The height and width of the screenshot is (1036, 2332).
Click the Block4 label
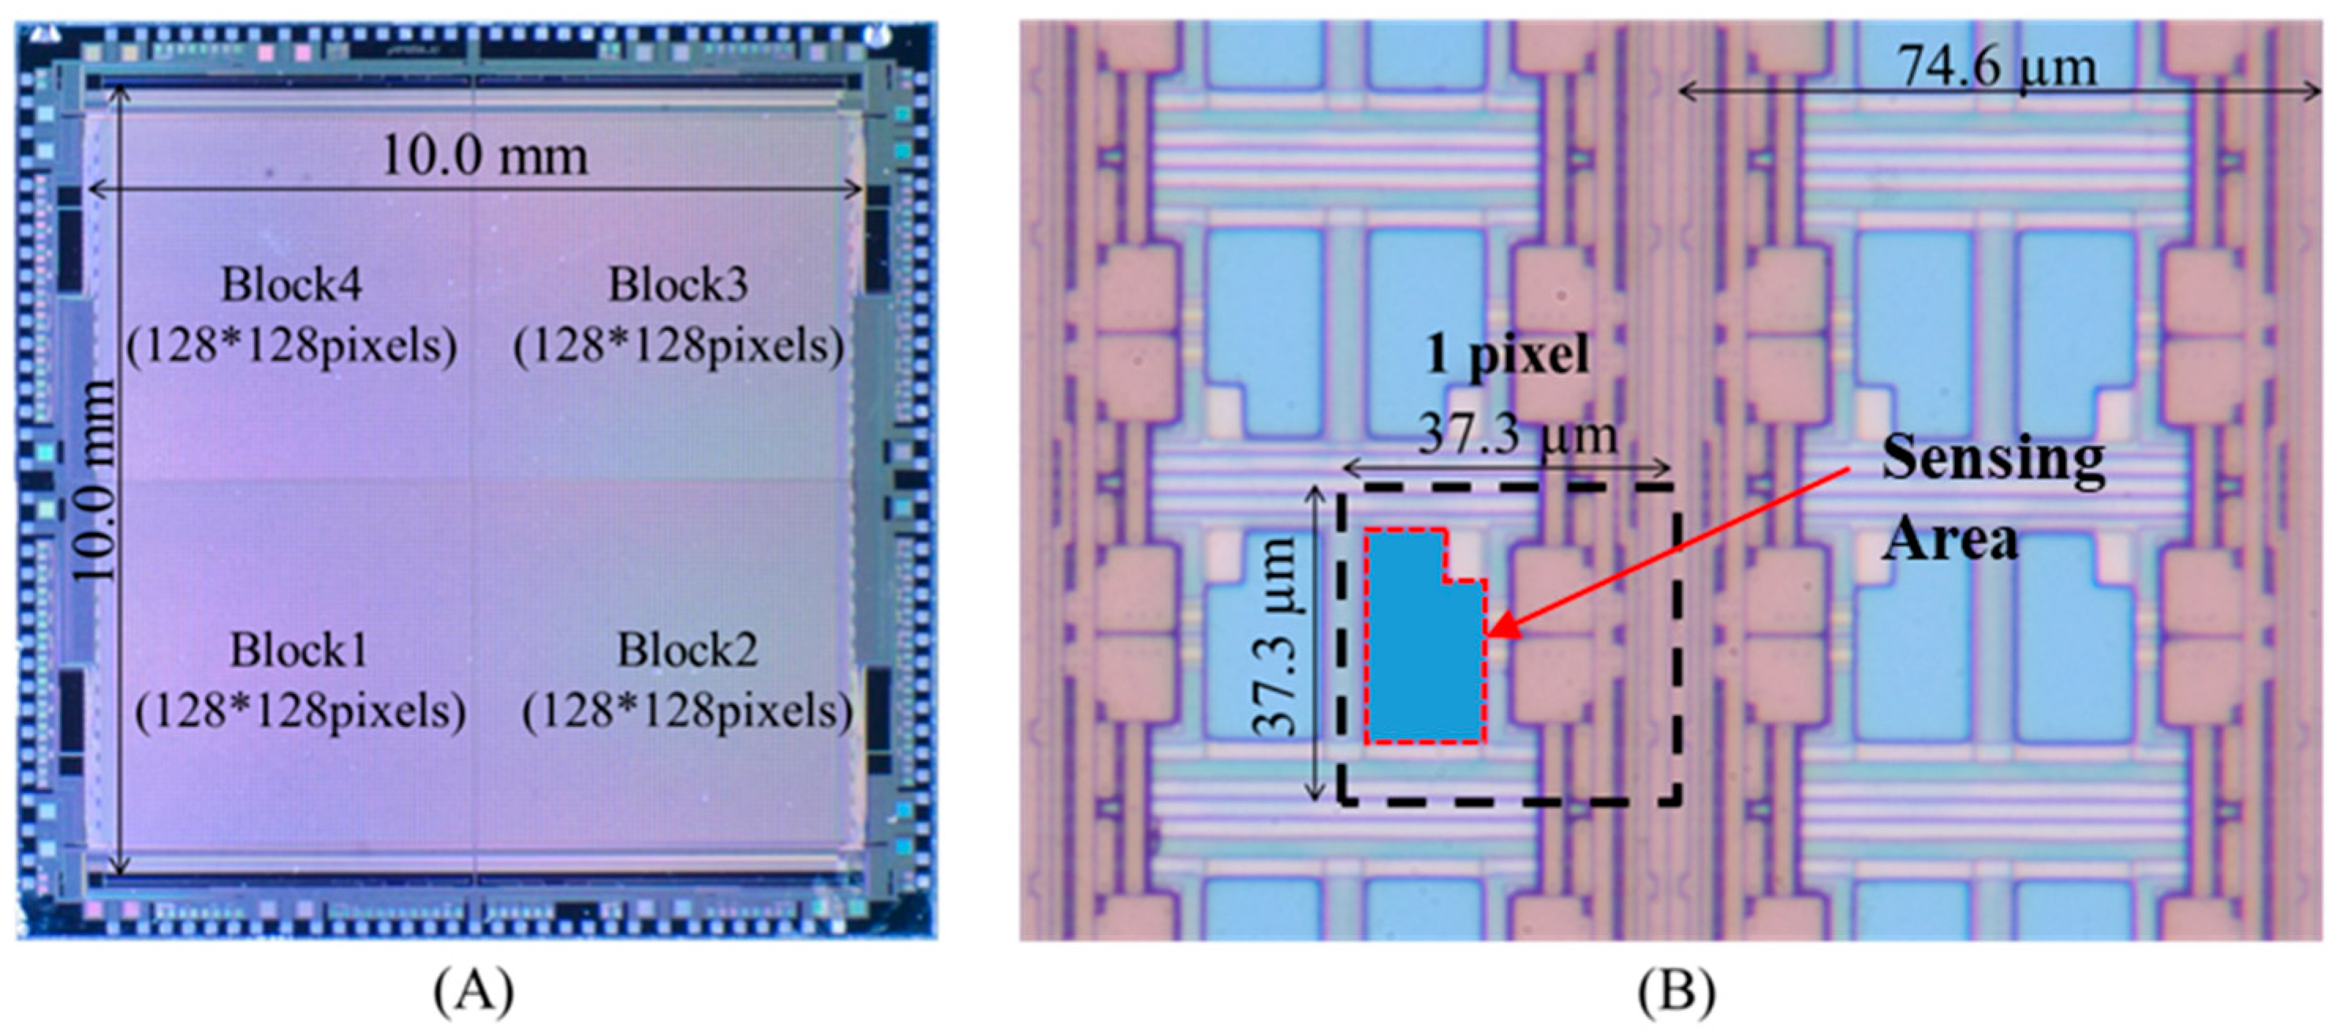292,286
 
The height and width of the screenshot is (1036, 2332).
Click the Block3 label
678,286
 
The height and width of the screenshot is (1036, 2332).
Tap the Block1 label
299,650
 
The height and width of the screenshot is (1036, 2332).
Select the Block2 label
687,650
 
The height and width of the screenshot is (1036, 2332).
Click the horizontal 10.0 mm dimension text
484,157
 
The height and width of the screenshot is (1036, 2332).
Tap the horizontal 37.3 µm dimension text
1517,435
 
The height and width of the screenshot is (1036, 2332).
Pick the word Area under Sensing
1950,539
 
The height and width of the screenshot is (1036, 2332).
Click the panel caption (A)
473,992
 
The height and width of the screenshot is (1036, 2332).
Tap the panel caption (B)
1676,992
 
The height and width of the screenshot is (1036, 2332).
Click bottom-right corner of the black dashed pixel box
1679,802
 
